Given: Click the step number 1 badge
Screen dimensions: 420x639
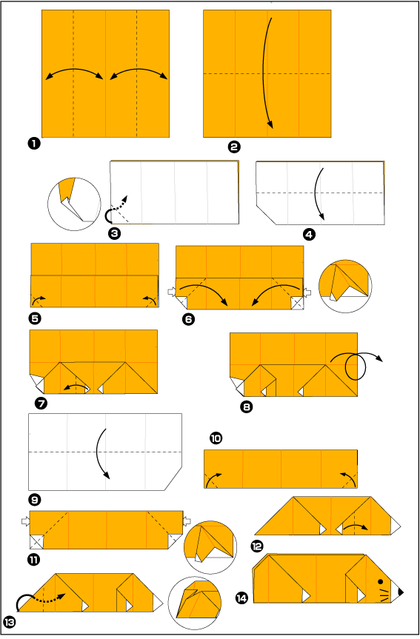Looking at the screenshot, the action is (x=34, y=144).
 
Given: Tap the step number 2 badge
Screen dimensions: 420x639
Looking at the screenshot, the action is (x=234, y=147).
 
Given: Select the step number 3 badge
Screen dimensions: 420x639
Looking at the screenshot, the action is (x=115, y=233).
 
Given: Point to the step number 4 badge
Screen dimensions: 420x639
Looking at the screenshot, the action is (x=309, y=234).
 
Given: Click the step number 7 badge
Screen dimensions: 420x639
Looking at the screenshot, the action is (x=41, y=404).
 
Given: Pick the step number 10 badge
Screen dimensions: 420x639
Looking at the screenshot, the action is (x=216, y=438).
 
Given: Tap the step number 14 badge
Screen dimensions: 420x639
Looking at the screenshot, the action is (x=241, y=598).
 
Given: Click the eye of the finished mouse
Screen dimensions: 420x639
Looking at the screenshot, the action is (x=381, y=581).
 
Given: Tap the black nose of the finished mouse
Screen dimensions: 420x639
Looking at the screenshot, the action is (x=400, y=592).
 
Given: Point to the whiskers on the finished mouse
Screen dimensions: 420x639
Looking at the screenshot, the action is (x=384, y=595).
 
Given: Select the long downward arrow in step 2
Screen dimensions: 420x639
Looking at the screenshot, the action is (x=267, y=73).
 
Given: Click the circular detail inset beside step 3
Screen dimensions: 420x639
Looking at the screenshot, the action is (x=74, y=204).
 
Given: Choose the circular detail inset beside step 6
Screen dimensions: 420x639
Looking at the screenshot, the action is (x=345, y=286).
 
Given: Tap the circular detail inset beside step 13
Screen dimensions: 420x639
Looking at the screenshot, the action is (x=195, y=603).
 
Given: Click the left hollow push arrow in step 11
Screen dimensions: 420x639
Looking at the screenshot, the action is (x=26, y=521).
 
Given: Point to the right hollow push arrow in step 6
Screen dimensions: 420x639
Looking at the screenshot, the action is (x=307, y=292).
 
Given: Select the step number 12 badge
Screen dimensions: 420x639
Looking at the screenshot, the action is (x=257, y=546).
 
